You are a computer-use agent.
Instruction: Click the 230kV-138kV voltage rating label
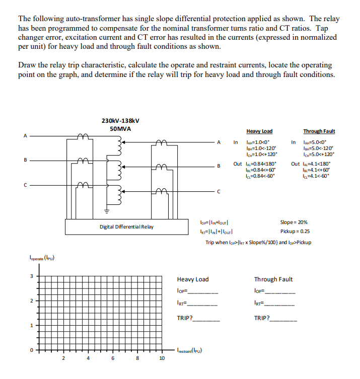click(120, 121)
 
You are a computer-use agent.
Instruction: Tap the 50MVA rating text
click(120, 129)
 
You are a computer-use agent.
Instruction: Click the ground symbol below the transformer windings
click(106, 211)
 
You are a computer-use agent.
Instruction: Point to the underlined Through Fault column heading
click(319, 131)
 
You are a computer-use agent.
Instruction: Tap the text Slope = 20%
click(294, 222)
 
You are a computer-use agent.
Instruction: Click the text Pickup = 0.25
click(295, 232)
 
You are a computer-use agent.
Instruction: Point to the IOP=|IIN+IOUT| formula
click(215, 222)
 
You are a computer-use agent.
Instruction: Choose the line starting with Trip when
click(258, 242)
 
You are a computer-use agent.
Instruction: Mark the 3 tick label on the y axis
click(32, 275)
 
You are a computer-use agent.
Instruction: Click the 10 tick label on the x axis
click(162, 358)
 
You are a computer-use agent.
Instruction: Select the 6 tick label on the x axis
click(113, 358)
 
